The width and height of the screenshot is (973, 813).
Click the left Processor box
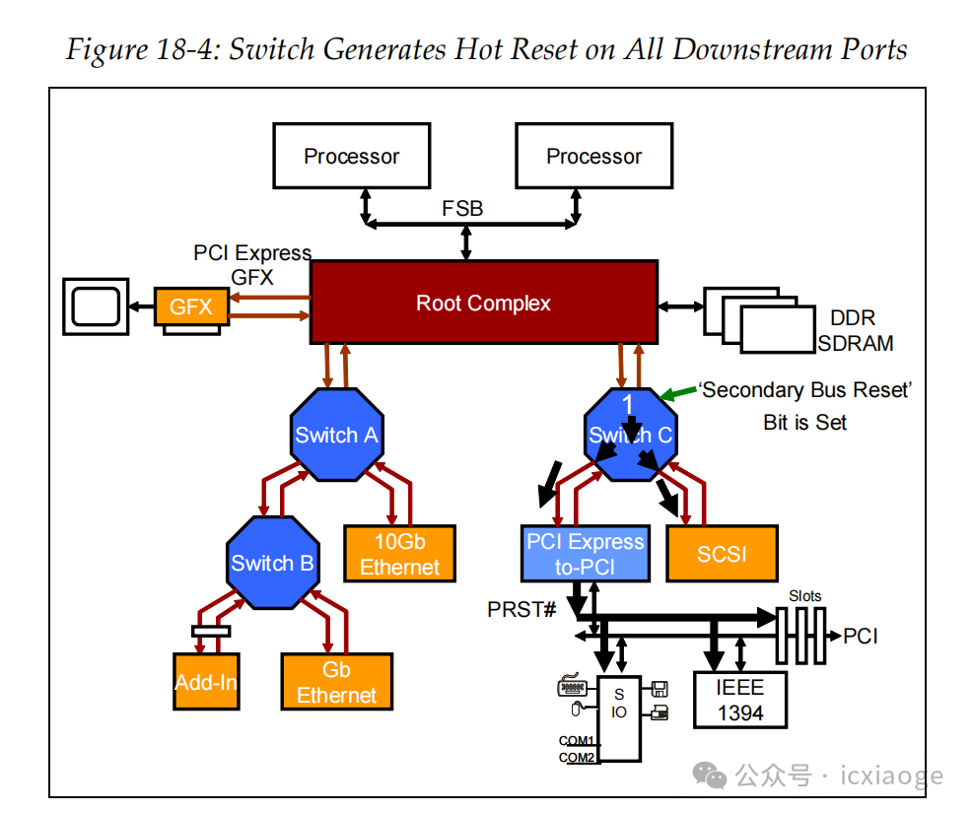click(x=351, y=156)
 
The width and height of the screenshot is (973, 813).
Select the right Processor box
click(x=593, y=156)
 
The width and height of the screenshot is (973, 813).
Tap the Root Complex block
click(x=483, y=303)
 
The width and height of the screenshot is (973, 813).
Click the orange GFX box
click(x=191, y=306)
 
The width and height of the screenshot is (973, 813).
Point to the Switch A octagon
click(x=336, y=436)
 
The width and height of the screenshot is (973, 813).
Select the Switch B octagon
click(x=272, y=563)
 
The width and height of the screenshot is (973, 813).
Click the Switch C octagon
click(x=630, y=435)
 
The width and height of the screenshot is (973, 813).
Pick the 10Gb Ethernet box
click(x=399, y=554)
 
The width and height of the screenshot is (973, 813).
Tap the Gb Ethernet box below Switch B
click(x=336, y=682)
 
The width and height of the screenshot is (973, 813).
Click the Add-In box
click(x=206, y=682)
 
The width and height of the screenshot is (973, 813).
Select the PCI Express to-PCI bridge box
click(x=585, y=554)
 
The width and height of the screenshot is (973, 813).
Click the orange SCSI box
click(x=722, y=554)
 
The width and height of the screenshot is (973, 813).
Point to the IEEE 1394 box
click(x=739, y=700)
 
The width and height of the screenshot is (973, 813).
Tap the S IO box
click(x=619, y=717)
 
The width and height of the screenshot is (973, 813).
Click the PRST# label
click(x=521, y=610)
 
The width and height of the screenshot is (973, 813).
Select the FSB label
click(x=462, y=209)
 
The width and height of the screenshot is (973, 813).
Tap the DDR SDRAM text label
click(x=854, y=331)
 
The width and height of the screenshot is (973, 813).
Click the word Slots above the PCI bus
click(x=804, y=596)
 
